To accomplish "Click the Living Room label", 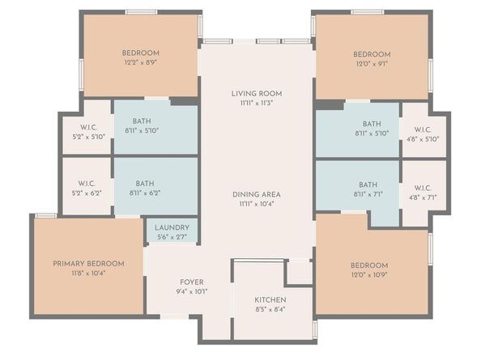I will tap(257, 94).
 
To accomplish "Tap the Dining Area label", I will tap(257, 194).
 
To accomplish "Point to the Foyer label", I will tap(191, 282).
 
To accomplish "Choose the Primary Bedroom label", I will tap(89, 264).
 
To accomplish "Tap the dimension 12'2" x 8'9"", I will tap(141, 62).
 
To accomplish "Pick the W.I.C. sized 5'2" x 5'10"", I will tap(88, 137).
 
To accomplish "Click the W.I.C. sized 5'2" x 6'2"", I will tap(88, 193).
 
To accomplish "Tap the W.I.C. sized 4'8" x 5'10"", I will tap(423, 138).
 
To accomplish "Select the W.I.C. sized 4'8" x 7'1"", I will tap(423, 197).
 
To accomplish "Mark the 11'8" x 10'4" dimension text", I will tap(89, 273).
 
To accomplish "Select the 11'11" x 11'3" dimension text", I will tap(257, 104).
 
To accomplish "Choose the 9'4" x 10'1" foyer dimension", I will tap(191, 291).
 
